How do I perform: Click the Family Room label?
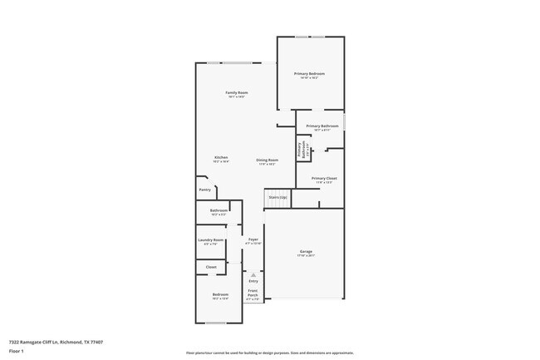[x=237, y=92]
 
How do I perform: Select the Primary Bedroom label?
[x=309, y=74]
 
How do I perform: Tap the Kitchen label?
[x=221, y=158]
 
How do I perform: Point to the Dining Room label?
[x=267, y=160]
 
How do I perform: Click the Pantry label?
[x=204, y=190]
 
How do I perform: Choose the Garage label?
[x=307, y=251]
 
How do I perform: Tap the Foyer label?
[x=253, y=239]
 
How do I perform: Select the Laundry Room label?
[x=211, y=240]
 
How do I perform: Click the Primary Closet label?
[x=323, y=179]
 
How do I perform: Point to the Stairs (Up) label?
[x=277, y=197]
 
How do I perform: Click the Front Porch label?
[x=253, y=293]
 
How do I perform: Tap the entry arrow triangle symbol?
[x=253, y=274]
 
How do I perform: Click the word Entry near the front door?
[x=253, y=281]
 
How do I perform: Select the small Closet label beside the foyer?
[x=211, y=267]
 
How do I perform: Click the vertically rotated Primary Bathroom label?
[x=300, y=149]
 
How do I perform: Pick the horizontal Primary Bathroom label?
[x=322, y=126]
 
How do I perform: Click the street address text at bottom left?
[x=56, y=342]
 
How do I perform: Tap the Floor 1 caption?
[x=17, y=351]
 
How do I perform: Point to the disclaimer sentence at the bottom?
[x=269, y=353]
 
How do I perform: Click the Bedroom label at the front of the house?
[x=219, y=295]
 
